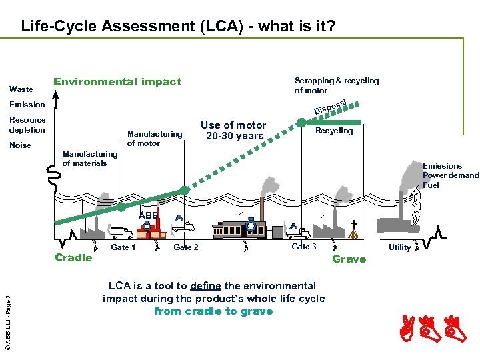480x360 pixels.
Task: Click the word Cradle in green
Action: tap(73, 258)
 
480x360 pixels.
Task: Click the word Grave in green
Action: tap(349, 259)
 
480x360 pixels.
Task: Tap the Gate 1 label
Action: tap(123, 247)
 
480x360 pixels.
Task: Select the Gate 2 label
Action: tap(186, 247)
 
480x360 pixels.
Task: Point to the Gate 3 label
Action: tap(304, 247)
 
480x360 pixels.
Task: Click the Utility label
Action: tap(399, 247)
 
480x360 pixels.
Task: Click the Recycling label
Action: tap(334, 131)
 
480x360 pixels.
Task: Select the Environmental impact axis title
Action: tap(117, 82)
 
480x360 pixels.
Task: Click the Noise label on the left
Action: tap(20, 145)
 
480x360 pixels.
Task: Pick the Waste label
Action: tap(21, 89)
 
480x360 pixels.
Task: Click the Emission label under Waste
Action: tap(27, 104)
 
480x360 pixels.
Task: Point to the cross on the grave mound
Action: tap(353, 223)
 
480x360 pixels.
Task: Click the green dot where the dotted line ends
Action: tap(301, 123)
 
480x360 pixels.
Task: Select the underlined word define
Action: tap(205, 286)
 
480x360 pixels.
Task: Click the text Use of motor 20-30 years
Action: tap(233, 131)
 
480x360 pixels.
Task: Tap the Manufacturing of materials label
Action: tap(90, 159)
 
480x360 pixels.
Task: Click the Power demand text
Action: tap(451, 175)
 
